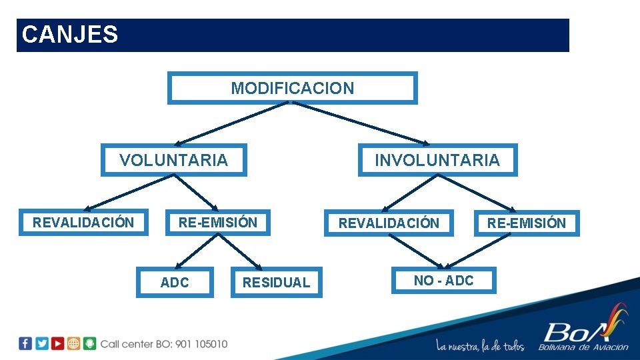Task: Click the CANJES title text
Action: tap(70, 35)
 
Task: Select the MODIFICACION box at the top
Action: tap(292, 88)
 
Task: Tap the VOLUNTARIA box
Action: tap(173, 160)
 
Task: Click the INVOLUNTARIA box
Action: tap(437, 160)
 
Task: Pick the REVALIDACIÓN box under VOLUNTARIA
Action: tap(83, 223)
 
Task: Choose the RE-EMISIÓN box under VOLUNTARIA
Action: tap(217, 223)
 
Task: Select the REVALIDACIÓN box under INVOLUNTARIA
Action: tap(389, 223)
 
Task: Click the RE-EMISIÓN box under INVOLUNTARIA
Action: tap(526, 223)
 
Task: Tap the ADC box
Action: tap(175, 283)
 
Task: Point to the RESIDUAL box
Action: tap(276, 283)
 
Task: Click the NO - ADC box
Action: tap(443, 281)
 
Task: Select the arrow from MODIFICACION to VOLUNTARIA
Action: tap(230, 124)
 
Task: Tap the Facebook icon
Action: tap(25, 343)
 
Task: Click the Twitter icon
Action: tap(41, 343)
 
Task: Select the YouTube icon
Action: tap(58, 343)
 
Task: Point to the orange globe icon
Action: tap(74, 343)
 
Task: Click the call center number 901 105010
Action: tap(201, 344)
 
